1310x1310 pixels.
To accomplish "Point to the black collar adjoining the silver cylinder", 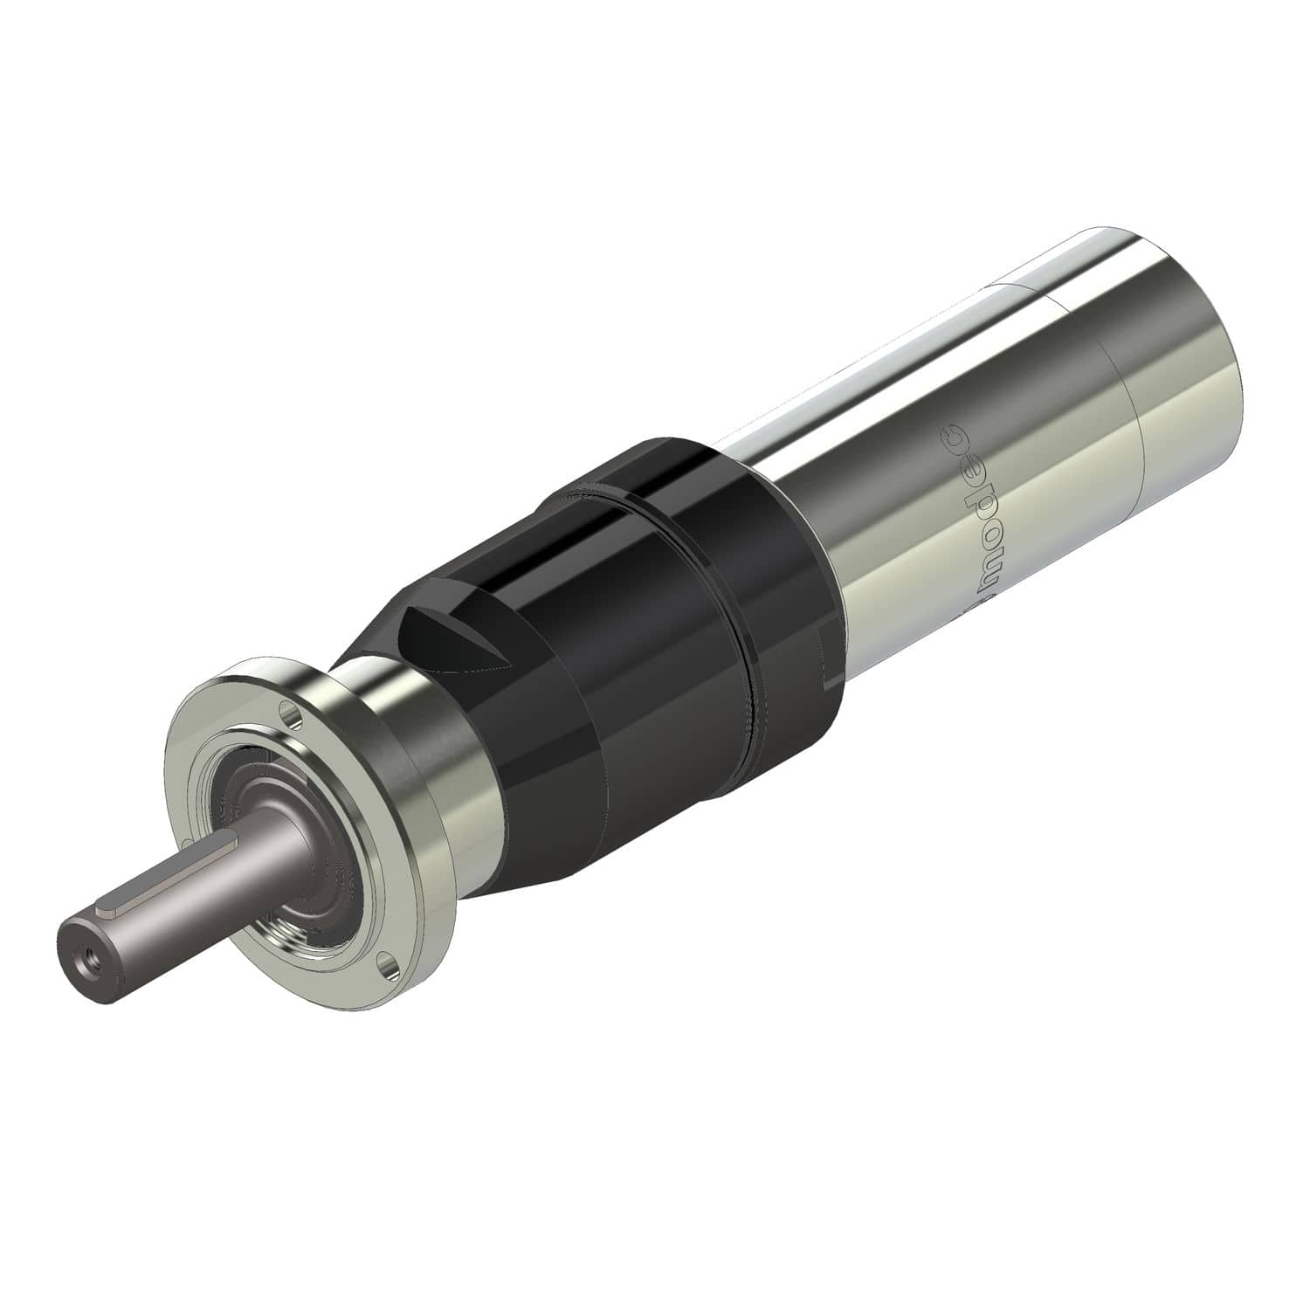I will pos(769,611).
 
